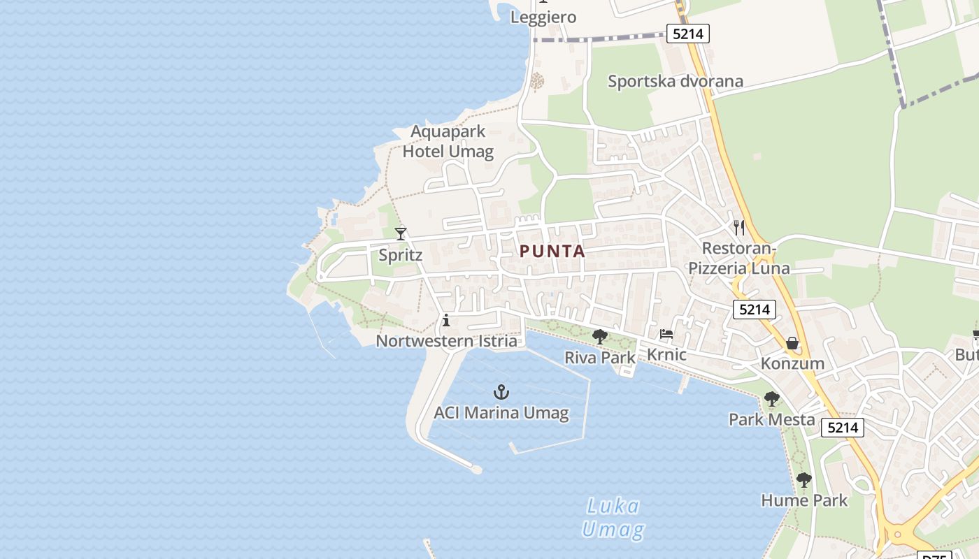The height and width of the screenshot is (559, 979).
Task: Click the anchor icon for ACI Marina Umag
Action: coord(501,392)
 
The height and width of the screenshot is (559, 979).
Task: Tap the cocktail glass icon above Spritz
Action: coord(401,233)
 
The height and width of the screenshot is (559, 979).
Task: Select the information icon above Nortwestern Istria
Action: coord(446,321)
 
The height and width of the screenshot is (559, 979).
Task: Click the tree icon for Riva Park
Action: coord(599,337)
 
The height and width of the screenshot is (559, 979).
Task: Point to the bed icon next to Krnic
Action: coord(666,334)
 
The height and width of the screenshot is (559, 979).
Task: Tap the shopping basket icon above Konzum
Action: coord(792,343)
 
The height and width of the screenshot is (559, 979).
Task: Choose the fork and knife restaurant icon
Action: coord(739,227)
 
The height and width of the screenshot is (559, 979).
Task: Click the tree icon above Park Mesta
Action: coord(771,399)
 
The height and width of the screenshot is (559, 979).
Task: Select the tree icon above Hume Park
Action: coord(804,480)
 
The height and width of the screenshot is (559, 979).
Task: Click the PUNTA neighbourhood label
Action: coord(552,252)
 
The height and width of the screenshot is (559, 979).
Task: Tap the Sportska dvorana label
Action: coord(676,81)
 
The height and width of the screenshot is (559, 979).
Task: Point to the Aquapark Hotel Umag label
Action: coord(448,141)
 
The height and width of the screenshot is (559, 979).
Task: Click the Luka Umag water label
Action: coord(613,518)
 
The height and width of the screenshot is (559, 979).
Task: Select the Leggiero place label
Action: coord(543,17)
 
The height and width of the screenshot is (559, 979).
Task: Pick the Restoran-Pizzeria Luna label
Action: coord(739,258)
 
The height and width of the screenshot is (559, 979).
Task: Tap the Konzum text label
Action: coord(792,363)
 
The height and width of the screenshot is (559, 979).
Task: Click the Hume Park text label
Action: coord(804,500)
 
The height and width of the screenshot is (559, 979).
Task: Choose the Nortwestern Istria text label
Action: coord(447,341)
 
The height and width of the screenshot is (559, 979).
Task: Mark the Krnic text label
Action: coord(666,354)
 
